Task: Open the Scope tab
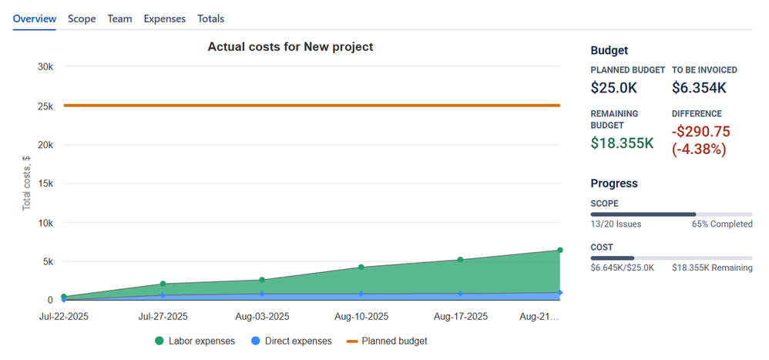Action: (x=82, y=19)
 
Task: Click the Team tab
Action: (x=119, y=19)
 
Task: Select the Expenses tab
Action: (x=164, y=19)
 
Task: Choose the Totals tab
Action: (x=211, y=19)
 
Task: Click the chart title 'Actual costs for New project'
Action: (x=290, y=47)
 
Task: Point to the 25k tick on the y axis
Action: (x=45, y=106)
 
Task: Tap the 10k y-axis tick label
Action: (x=45, y=223)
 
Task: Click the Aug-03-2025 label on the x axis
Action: (x=262, y=316)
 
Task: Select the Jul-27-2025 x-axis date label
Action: (x=163, y=316)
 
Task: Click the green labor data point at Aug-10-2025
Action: (x=361, y=267)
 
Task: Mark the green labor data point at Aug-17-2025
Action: (x=460, y=260)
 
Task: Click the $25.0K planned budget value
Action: (x=614, y=89)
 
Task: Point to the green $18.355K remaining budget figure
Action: (x=623, y=143)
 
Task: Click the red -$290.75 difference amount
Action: (x=700, y=132)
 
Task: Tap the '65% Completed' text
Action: (x=722, y=224)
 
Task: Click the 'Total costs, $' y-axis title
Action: (x=26, y=183)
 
